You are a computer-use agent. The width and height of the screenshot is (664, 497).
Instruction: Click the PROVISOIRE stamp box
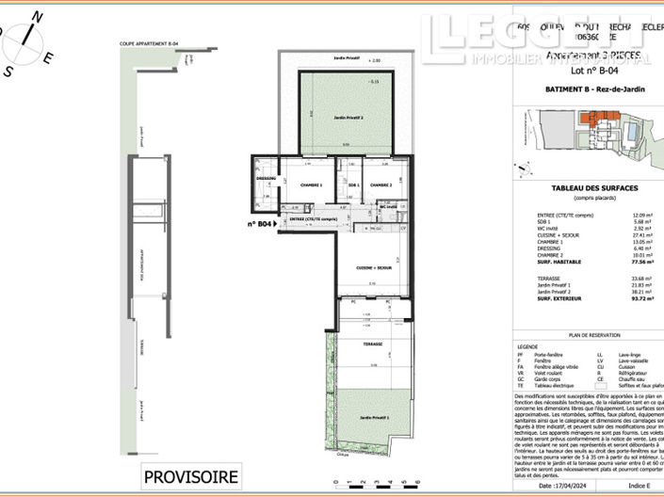pos(190,476)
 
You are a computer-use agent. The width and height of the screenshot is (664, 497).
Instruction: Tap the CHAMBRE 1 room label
pos(311,185)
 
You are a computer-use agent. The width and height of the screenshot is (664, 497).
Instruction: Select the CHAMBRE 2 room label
pos(381,185)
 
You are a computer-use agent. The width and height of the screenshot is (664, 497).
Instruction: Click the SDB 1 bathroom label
pos(353,185)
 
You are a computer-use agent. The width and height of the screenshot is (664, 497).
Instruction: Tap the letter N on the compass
pos(37,16)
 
